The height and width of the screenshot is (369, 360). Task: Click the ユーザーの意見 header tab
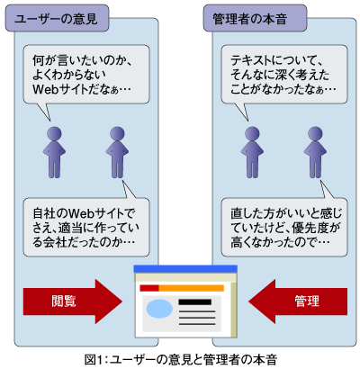click(57, 18)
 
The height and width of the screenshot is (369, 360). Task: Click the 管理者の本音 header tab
click(255, 18)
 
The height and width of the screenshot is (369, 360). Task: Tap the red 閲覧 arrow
click(73, 301)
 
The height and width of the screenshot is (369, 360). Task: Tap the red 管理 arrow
click(298, 301)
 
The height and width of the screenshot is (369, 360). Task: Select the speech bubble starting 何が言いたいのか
click(86, 75)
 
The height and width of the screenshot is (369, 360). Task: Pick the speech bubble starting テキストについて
click(284, 75)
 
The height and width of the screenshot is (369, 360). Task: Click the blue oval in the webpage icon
click(159, 309)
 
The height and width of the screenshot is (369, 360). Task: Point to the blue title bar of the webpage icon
click(185, 269)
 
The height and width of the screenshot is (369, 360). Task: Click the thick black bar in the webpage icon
click(195, 301)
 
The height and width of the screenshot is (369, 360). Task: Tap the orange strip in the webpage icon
click(191, 288)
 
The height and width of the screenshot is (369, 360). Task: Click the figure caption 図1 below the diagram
click(181, 359)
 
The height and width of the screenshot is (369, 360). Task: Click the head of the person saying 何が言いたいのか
click(54, 134)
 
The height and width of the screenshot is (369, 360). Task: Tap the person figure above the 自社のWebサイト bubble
click(117, 152)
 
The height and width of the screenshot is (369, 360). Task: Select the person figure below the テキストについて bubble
click(252, 152)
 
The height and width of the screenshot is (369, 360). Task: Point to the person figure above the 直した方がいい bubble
click(315, 152)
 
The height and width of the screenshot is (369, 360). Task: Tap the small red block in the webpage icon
click(149, 288)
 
